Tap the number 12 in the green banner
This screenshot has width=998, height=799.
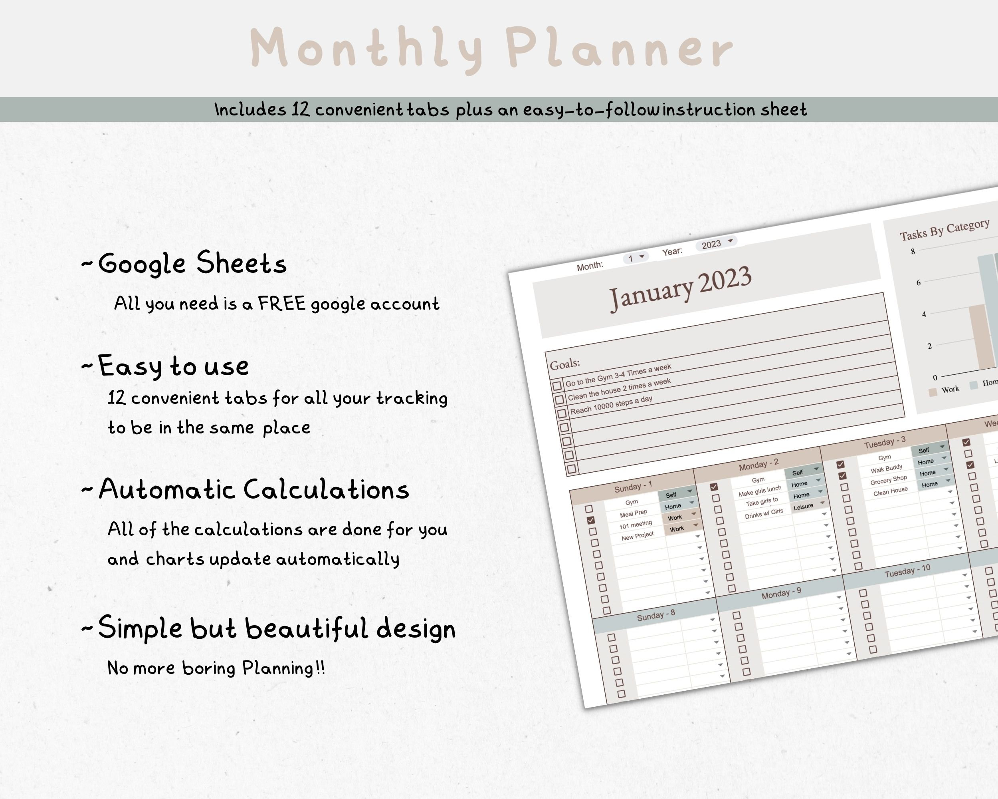(301, 110)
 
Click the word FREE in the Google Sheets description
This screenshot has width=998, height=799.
(281, 304)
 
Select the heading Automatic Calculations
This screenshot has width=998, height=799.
(253, 490)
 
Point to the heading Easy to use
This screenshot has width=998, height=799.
(173, 366)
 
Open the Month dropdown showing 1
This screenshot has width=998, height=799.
(635, 258)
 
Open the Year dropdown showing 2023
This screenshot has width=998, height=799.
(716, 244)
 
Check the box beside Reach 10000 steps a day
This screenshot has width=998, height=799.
(562, 413)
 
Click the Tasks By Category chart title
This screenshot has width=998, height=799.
(944, 230)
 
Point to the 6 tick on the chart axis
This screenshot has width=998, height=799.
(919, 282)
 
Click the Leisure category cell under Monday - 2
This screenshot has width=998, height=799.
(803, 507)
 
